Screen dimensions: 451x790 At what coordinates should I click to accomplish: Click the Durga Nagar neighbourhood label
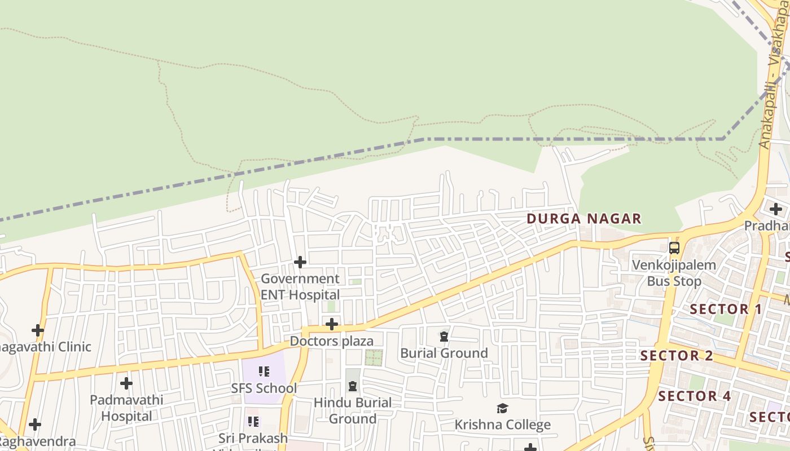point(584,219)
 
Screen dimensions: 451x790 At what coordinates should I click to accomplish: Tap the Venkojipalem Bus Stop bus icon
point(674,247)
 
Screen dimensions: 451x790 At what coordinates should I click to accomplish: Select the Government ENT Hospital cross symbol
point(300,262)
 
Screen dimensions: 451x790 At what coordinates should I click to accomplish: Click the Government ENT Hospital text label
point(300,286)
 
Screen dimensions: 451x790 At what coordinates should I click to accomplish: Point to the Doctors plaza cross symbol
point(332,324)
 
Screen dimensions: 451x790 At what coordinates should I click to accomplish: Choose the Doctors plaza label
point(332,341)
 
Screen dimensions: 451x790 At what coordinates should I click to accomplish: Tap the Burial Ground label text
point(444,353)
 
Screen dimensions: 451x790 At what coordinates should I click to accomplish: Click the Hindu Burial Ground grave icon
point(353,386)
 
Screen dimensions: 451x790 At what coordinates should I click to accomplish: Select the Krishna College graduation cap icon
point(502,408)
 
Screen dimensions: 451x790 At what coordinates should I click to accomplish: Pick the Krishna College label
point(502,425)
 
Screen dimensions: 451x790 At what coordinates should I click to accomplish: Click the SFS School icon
point(264,372)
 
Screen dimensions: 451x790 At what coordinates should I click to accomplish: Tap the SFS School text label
point(264,388)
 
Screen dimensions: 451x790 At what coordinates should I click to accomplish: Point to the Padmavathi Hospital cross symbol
point(126,383)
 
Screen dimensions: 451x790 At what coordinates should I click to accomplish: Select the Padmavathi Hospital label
point(126,408)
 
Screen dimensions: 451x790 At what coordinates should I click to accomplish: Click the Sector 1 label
point(726,309)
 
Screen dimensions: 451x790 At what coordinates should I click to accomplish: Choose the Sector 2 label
point(677,356)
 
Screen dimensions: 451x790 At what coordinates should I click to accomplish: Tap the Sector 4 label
point(695,396)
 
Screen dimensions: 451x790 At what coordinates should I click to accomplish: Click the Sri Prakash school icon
point(253,421)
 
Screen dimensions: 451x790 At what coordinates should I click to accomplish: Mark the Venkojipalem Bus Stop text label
point(674,273)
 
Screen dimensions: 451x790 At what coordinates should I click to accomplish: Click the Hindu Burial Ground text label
point(353,410)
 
